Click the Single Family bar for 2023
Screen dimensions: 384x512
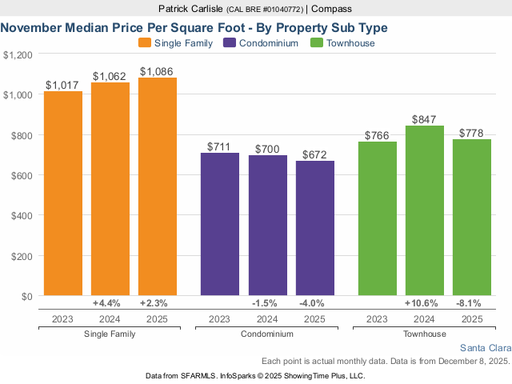coord(63,194)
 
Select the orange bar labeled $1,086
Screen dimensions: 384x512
coord(158,186)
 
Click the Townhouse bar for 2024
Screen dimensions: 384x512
coord(425,210)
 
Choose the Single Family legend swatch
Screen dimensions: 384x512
coord(145,43)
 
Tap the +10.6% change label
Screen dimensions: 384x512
coord(425,303)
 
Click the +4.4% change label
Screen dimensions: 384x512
coord(106,303)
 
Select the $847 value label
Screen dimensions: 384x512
coord(425,119)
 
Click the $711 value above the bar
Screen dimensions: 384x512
coord(220,146)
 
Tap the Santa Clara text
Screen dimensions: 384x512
coord(485,348)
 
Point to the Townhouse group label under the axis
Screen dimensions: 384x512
coord(425,334)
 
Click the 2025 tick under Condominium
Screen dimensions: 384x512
coord(315,319)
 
